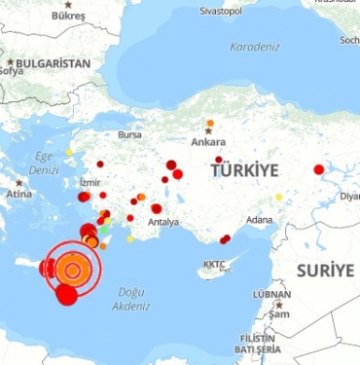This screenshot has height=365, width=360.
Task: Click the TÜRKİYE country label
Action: point(244,170)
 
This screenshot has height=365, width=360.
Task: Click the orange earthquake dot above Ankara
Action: point(210,123)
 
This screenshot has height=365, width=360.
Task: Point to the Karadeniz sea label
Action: point(255,47)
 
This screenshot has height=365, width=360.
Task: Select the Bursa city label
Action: point(129,134)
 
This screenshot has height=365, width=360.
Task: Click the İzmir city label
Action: point(90,182)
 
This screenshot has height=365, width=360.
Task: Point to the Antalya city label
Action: point(162,222)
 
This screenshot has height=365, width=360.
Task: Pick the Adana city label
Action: point(260,220)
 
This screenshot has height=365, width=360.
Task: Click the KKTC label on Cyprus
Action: point(214,264)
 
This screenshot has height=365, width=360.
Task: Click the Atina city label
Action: point(19,194)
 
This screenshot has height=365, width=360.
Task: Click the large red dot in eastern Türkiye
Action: point(318,169)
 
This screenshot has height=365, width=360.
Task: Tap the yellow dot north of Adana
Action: point(278,198)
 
